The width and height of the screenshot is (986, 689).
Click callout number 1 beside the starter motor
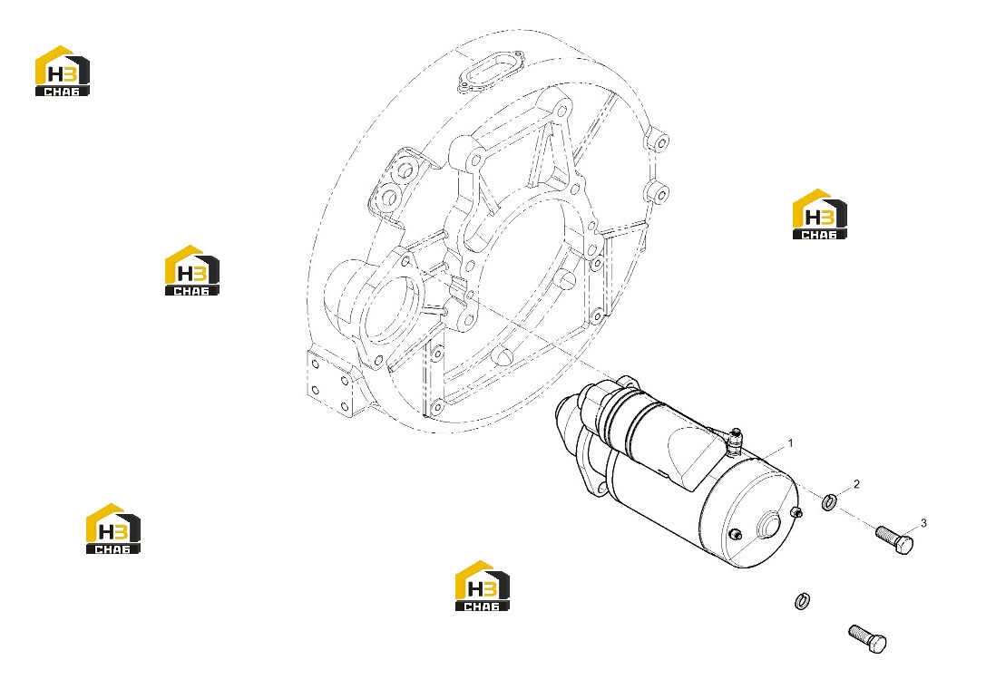(x=790, y=443)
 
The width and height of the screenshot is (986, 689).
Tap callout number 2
(x=855, y=484)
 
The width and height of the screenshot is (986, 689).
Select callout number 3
(x=923, y=523)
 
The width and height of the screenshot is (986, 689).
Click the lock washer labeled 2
(x=829, y=502)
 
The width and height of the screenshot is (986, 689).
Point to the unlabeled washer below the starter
(x=802, y=601)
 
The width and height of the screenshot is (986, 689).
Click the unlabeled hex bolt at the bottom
(x=867, y=639)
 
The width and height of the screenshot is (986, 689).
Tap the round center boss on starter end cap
(x=771, y=526)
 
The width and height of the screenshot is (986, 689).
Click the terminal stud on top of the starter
(x=734, y=441)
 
